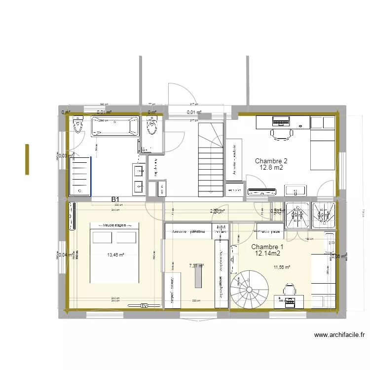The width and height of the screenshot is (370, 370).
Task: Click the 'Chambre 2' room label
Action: [271, 161]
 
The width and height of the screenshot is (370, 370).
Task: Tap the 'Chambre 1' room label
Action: [267, 247]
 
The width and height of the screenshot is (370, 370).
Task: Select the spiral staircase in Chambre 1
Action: [250, 290]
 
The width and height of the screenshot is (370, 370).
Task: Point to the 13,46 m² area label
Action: [116, 255]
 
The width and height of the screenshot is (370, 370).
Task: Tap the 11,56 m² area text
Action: [282, 267]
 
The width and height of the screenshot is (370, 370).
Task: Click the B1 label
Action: [116, 199]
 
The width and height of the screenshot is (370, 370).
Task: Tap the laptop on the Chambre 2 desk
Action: [281, 120]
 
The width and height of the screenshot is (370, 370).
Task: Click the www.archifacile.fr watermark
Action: [339, 335]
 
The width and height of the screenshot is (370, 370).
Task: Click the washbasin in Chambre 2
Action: [296, 190]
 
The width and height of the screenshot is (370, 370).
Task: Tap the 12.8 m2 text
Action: [271, 168]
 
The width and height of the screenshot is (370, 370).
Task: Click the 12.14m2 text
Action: [268, 254]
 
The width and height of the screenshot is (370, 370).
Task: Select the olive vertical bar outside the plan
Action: [28, 159]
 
